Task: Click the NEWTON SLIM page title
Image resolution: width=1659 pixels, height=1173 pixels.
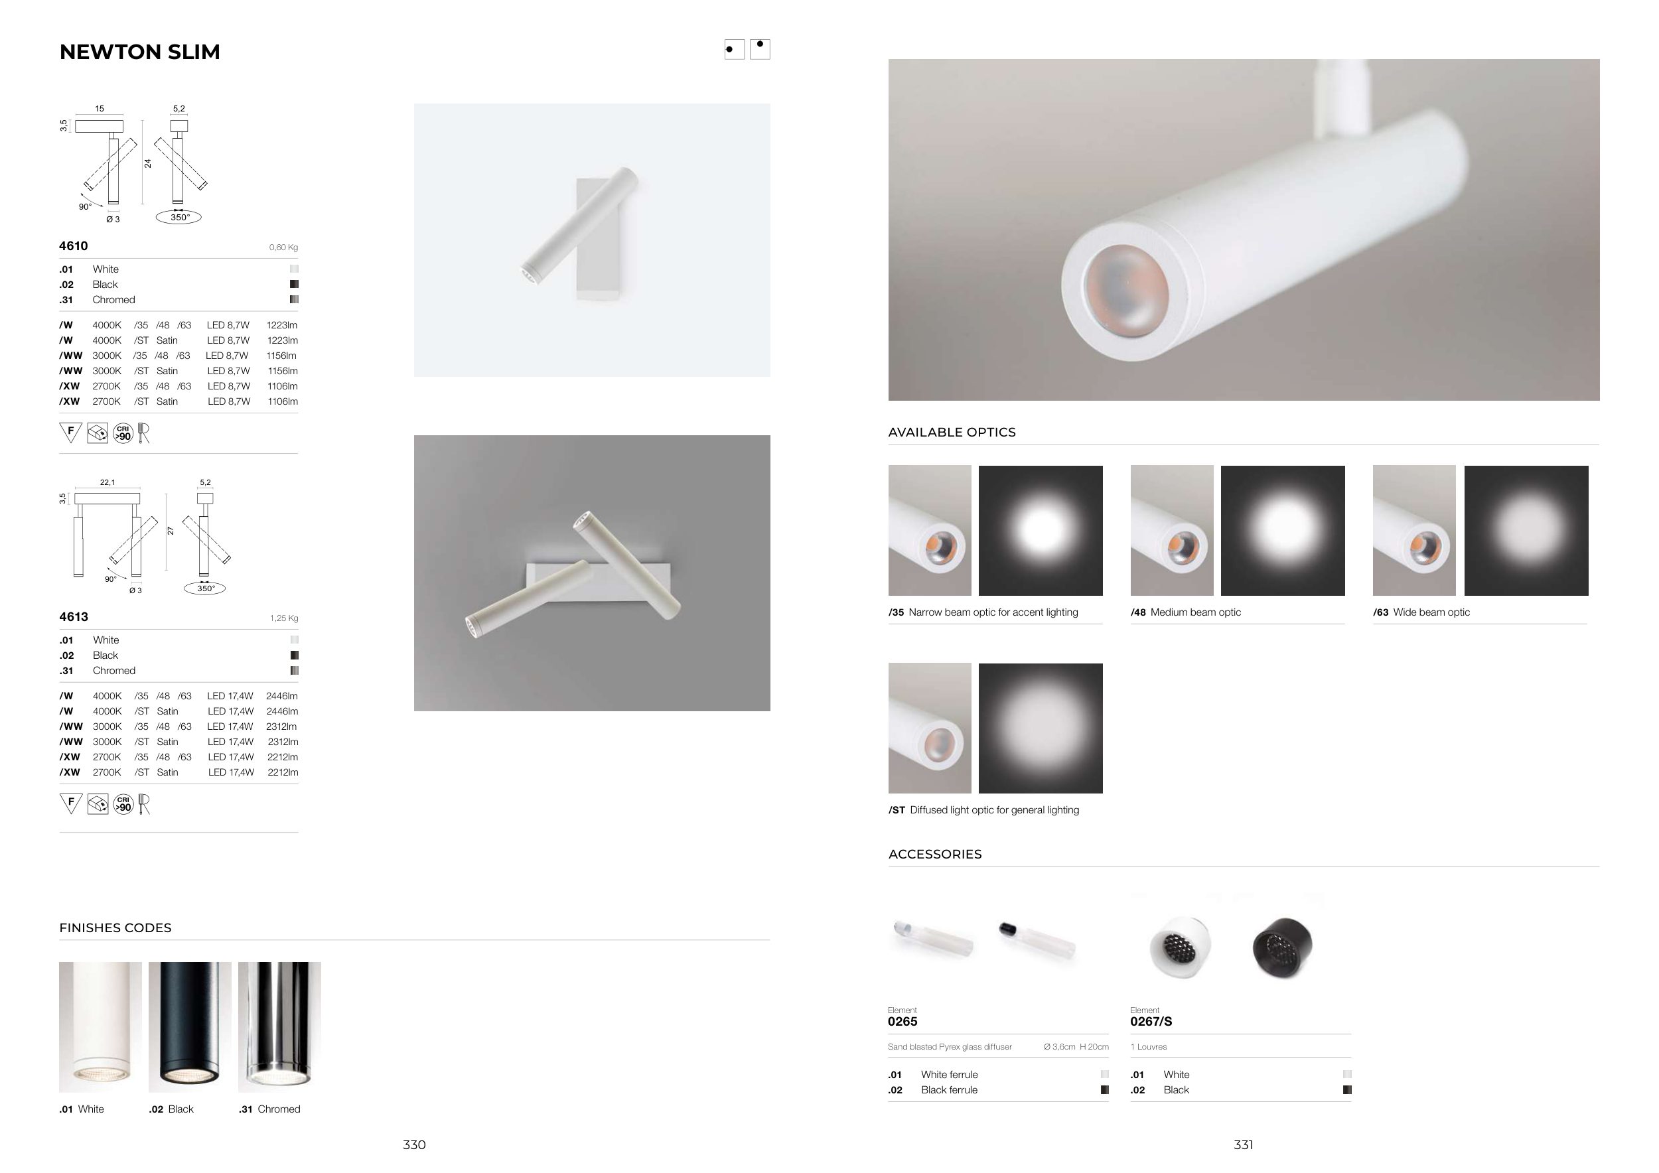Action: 139,52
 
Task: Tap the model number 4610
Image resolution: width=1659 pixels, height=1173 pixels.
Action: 74,245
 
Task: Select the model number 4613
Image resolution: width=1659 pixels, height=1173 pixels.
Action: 74,617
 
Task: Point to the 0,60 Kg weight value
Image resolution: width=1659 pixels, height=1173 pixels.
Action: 283,247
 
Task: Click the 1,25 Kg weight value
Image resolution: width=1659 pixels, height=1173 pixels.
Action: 284,618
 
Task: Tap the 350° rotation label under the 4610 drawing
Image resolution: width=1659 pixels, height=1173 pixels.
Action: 179,218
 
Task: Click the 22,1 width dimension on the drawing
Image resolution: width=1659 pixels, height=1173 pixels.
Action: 108,482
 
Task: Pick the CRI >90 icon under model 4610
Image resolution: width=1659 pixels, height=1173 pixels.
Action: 123,433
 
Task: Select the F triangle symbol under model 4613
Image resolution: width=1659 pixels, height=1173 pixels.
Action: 71,803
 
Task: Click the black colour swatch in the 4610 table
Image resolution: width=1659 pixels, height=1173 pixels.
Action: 294,285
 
